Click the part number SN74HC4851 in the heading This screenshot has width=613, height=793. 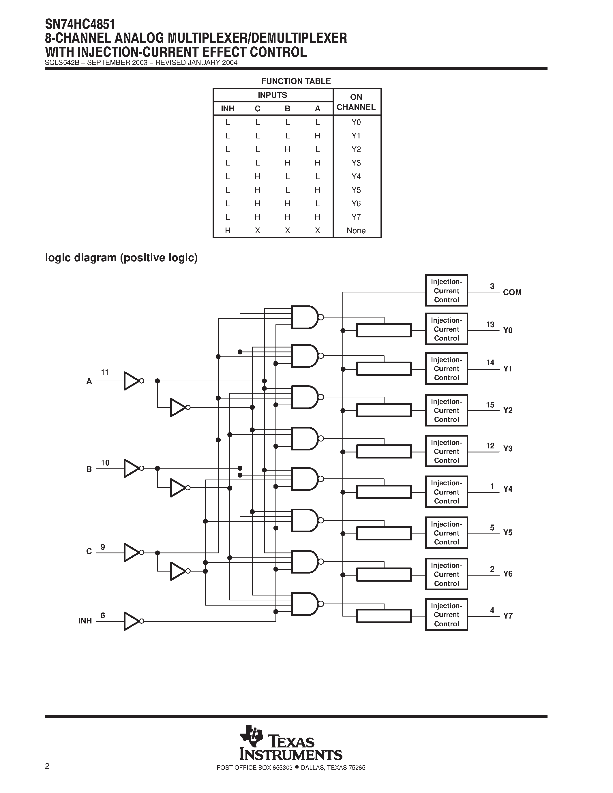coord(80,24)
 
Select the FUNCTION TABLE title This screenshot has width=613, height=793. coord(296,81)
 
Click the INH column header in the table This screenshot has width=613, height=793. coord(228,108)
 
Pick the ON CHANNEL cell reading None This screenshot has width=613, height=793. coord(356,231)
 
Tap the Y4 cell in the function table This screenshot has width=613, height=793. coord(356,176)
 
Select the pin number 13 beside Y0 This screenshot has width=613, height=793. coord(490,325)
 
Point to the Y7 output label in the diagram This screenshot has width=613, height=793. coord(508,616)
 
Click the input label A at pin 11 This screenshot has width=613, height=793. coord(89,381)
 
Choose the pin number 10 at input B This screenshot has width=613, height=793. coord(105,463)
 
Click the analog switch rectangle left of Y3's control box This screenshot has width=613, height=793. coord(384,452)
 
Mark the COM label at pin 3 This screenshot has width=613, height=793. coord(512,292)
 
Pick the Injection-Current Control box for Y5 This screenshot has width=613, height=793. coord(446,533)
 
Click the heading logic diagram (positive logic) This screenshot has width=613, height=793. coord(121,258)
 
